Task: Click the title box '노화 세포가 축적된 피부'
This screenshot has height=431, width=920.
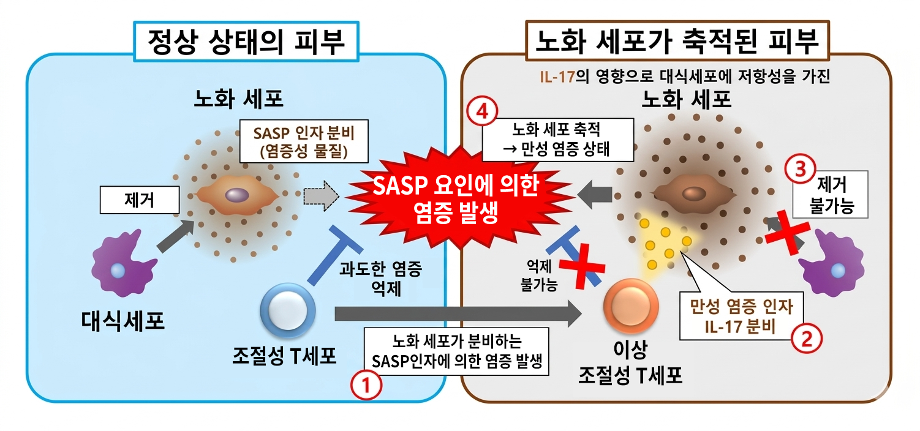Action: click(x=676, y=41)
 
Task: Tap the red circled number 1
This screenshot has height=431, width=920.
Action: click(x=366, y=386)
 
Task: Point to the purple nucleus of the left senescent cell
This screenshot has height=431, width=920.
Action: click(x=236, y=195)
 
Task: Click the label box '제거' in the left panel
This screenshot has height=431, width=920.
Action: click(x=140, y=200)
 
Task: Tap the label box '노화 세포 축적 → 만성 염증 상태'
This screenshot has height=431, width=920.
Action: click(x=557, y=139)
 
